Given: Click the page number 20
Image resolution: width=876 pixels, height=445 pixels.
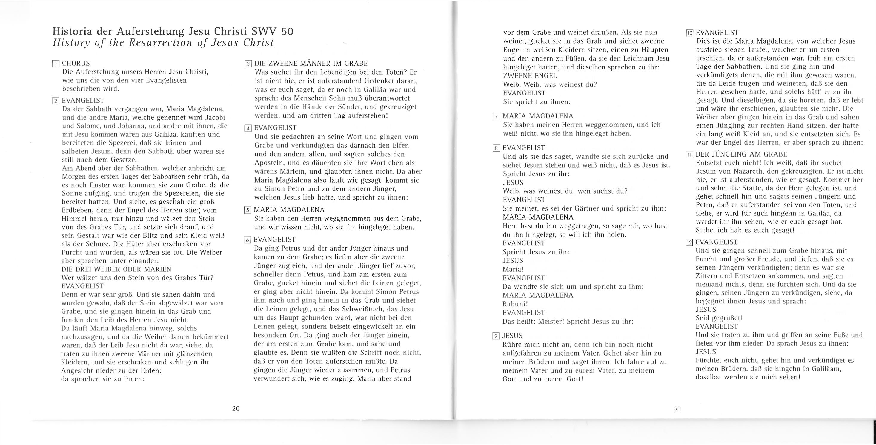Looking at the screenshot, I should pos(236,408).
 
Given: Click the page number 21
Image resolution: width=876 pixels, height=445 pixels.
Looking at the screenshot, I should pos(678,409).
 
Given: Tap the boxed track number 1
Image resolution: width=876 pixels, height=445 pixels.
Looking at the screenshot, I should pos(56,64).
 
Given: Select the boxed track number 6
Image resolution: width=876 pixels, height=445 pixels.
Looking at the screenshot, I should pos(248,240).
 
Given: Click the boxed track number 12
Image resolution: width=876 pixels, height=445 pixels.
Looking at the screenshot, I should pos(689,242).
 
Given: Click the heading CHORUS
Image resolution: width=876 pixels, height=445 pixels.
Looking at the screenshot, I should pos(76,64).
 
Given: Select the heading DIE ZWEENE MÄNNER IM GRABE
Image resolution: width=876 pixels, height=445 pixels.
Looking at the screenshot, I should pos(311,64).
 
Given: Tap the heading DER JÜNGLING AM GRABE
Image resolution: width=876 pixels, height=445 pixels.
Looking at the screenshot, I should pos(741,154).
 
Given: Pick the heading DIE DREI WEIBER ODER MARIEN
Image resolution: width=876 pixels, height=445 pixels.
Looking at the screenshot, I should pos(116,269).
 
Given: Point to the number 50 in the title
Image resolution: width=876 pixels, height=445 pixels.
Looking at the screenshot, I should pos(287,32).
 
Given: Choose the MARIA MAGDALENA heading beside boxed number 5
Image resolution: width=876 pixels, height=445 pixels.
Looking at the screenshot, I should pos(289,210).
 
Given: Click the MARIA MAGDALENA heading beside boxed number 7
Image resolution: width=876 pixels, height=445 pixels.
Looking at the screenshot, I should pos(538,116).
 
